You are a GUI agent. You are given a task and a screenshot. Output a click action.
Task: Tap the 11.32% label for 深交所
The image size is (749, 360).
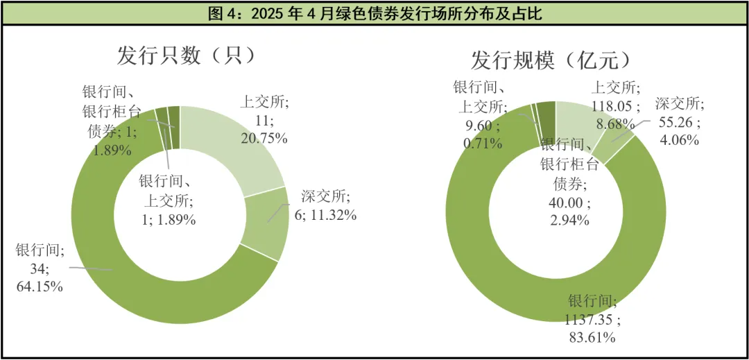[325, 215]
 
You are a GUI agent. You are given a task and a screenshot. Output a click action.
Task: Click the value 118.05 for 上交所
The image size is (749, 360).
[614, 105]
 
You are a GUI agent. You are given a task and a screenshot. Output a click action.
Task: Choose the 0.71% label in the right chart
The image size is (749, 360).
[482, 144]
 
